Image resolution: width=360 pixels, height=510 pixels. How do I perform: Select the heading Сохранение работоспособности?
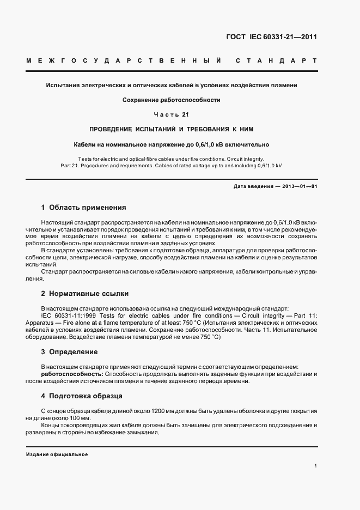(x=171, y=100)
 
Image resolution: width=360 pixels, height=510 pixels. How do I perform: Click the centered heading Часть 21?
(x=172, y=114)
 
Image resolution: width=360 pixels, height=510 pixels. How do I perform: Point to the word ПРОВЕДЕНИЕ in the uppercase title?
(x=111, y=129)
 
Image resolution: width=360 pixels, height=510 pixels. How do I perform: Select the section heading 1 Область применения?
(x=83, y=208)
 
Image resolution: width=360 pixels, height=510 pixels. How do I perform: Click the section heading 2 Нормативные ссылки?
(x=85, y=293)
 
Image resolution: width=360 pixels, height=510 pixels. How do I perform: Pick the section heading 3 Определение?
(x=70, y=352)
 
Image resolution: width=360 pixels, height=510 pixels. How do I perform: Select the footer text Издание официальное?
(x=57, y=454)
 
